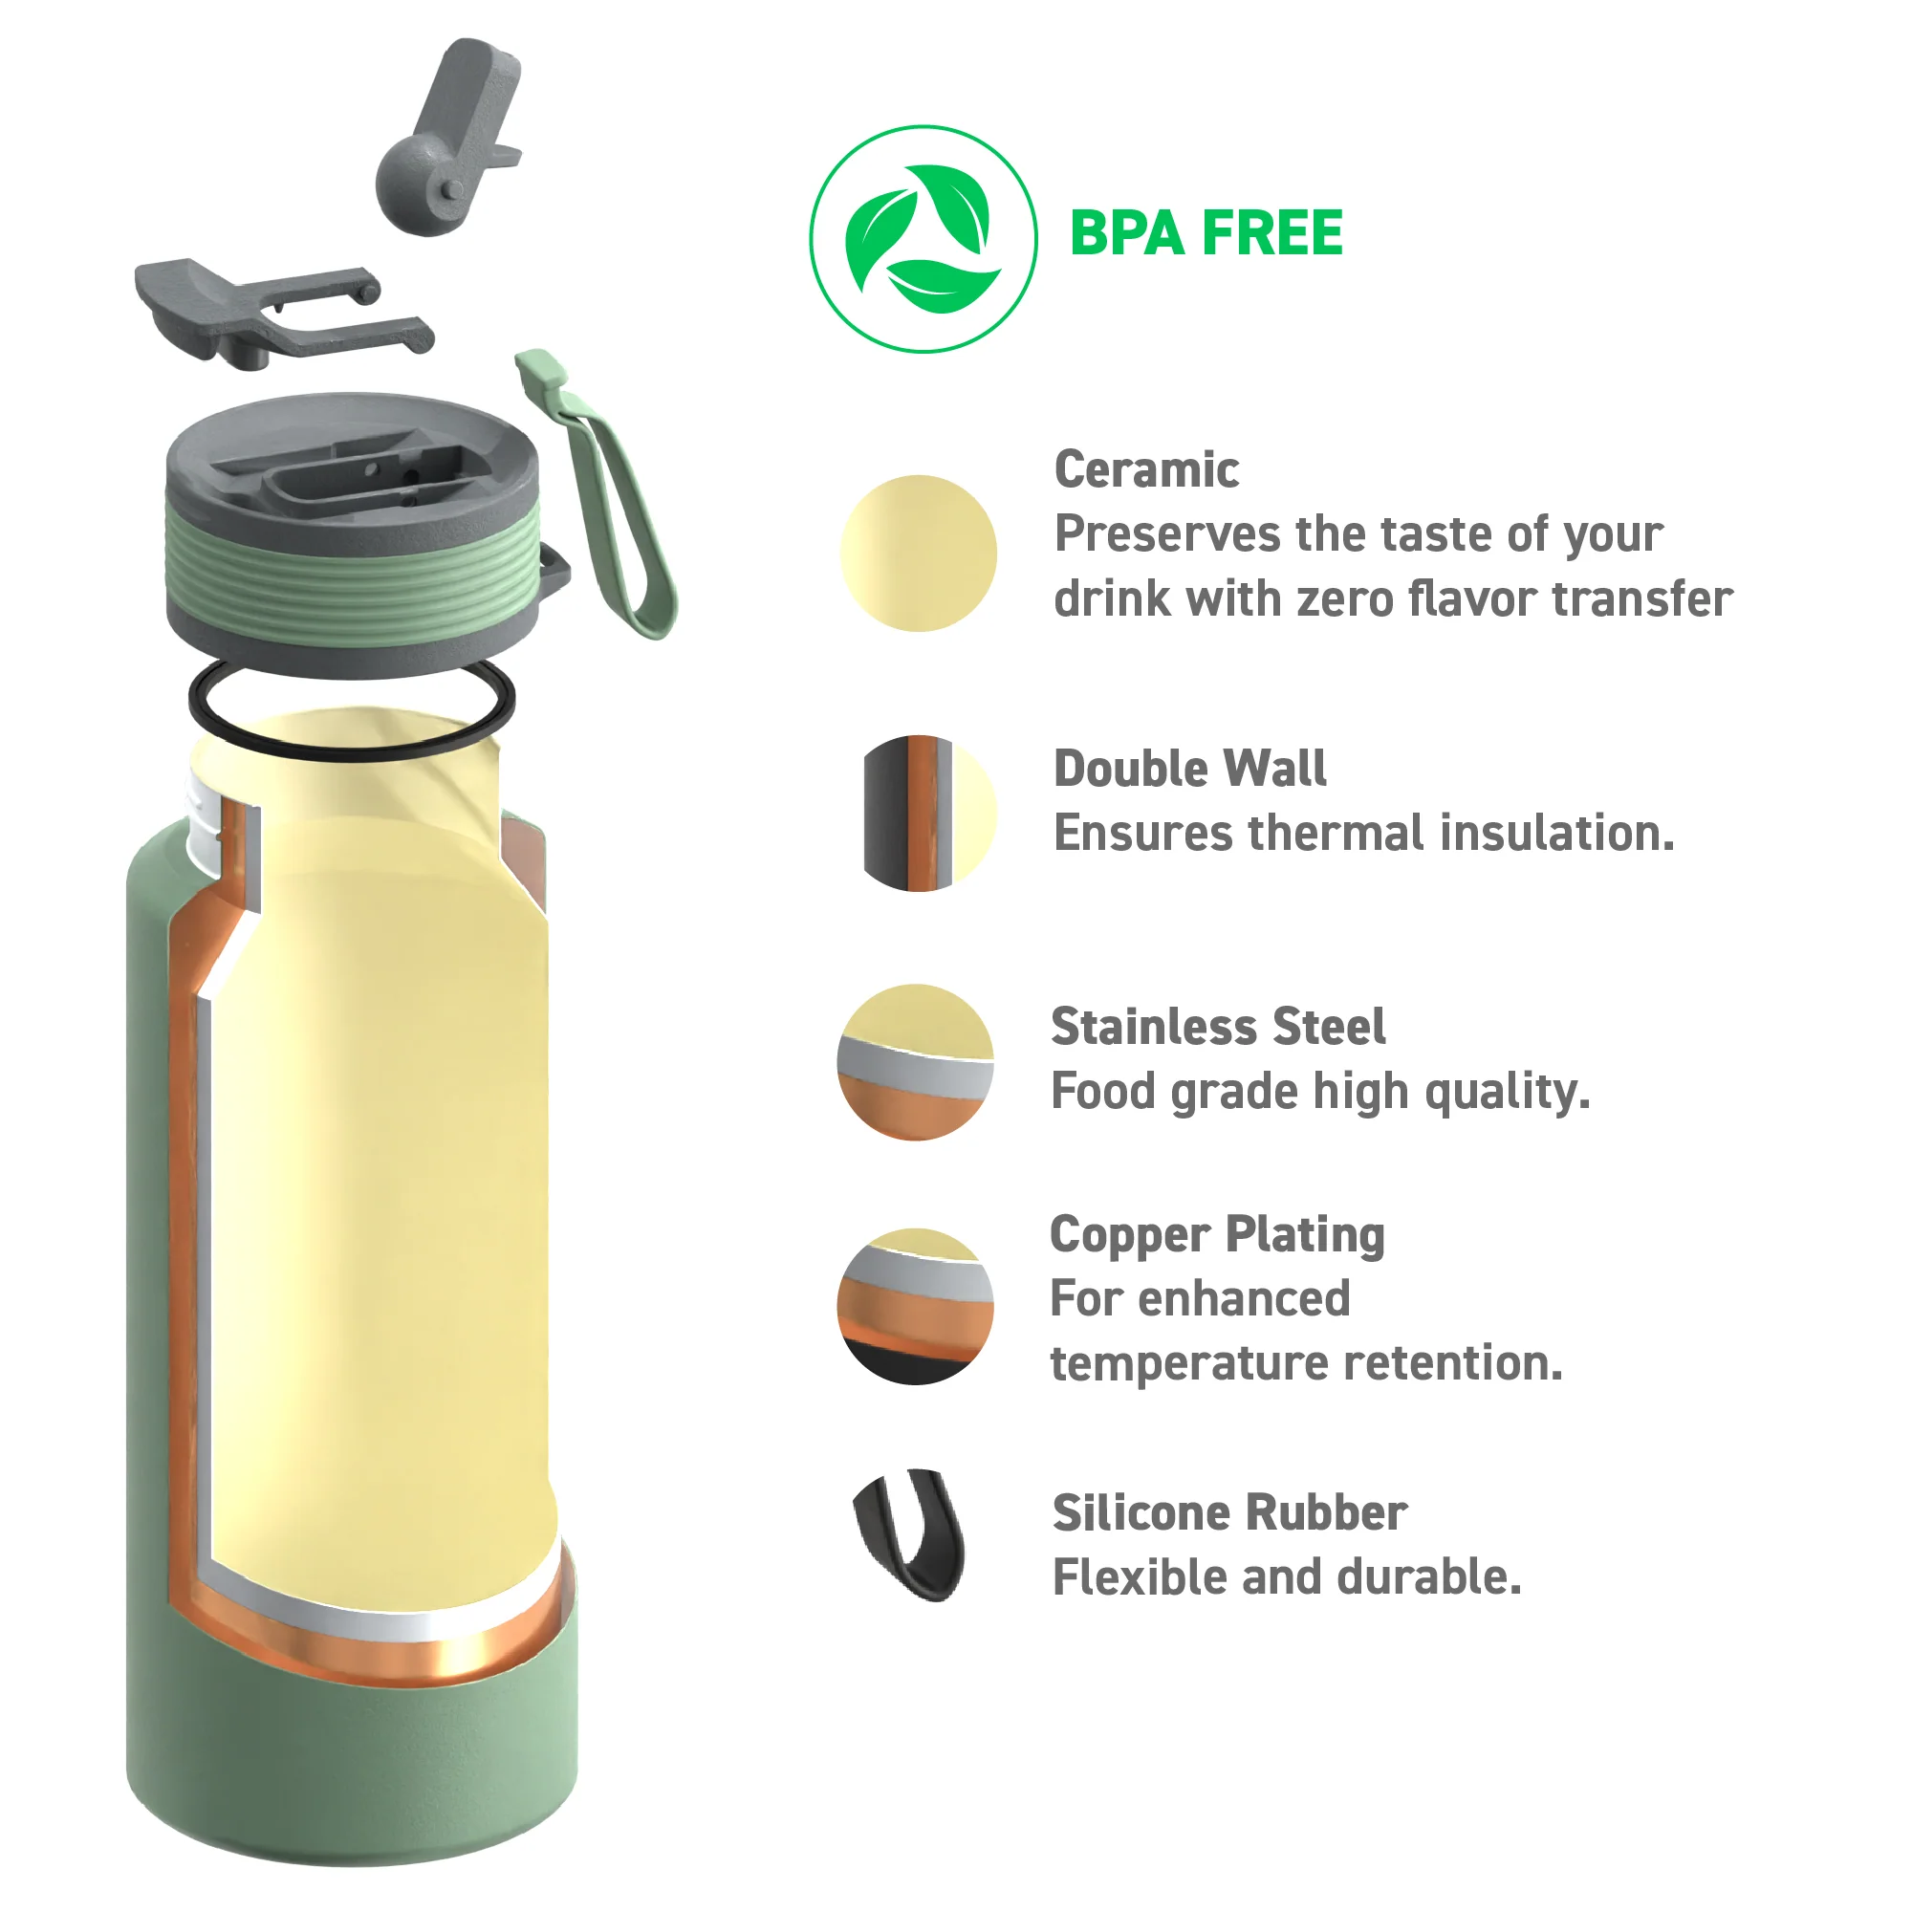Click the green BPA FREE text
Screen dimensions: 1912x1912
point(1206,233)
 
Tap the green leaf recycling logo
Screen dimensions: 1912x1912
point(923,238)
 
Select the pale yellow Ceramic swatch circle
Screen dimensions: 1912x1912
point(919,554)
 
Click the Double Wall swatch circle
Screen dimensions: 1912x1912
point(929,814)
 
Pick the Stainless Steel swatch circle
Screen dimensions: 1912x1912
point(916,1063)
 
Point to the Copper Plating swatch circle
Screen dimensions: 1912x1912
point(916,1306)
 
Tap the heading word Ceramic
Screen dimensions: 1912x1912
point(1146,469)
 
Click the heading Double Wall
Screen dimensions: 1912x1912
point(1189,768)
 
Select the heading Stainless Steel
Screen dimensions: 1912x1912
point(1218,1026)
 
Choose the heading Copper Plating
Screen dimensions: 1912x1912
point(1217,1236)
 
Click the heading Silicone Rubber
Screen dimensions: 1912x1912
point(1230,1512)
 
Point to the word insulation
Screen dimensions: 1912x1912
point(1557,833)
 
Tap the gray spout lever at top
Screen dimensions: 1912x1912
point(450,139)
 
